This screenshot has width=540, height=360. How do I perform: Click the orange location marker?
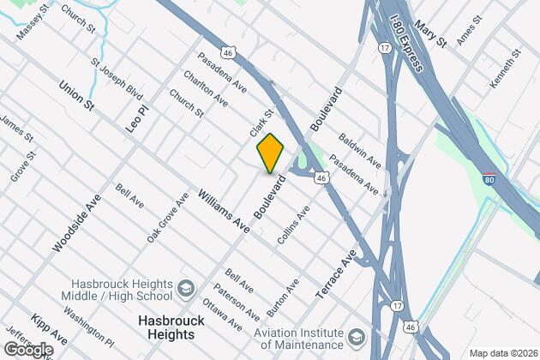(x=270, y=153)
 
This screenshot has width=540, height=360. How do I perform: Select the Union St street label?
(x=75, y=95)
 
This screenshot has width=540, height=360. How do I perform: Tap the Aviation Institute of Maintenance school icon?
(x=355, y=333)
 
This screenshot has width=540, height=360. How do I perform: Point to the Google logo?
(x=27, y=349)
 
